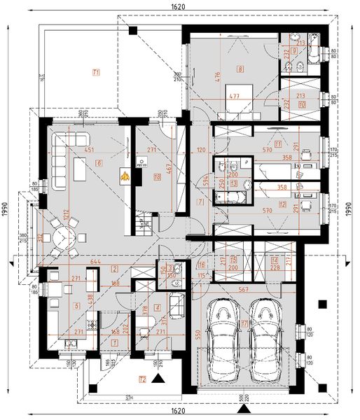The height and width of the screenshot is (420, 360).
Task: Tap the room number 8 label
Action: (x=240, y=69)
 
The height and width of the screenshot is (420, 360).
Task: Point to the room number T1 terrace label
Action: (x=96, y=72)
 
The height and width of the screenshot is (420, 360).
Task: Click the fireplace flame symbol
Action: (x=125, y=177)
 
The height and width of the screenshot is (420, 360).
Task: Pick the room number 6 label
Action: (x=99, y=163)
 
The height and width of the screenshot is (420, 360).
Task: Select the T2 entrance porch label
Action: (x=142, y=380)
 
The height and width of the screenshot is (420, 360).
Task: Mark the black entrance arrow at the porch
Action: (x=159, y=379)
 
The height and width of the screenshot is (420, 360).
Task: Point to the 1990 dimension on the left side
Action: (x=6, y=209)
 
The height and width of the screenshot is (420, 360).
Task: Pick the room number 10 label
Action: (x=301, y=104)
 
